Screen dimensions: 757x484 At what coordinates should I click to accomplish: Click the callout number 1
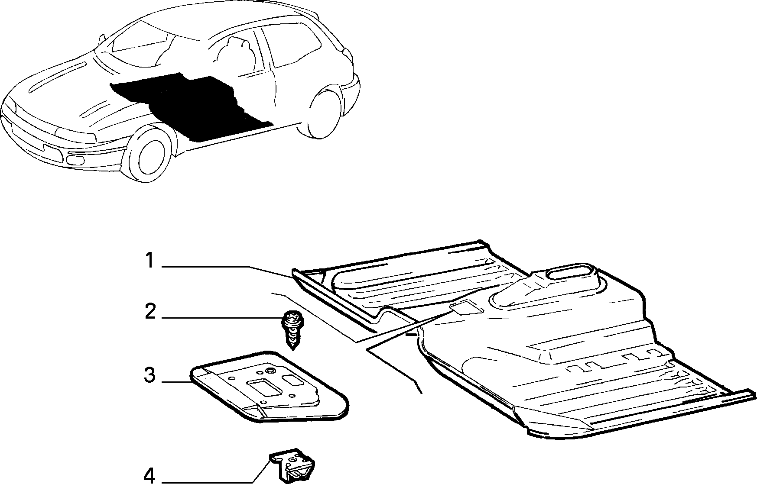(149, 261)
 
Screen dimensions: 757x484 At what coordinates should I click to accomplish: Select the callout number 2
(150, 311)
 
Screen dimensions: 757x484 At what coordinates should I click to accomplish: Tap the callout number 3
(149, 375)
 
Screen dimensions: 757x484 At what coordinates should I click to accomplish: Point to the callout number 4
(149, 475)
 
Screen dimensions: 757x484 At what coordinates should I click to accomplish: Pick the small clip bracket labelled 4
(294, 467)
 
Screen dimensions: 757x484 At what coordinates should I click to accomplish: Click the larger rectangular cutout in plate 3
(261, 387)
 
